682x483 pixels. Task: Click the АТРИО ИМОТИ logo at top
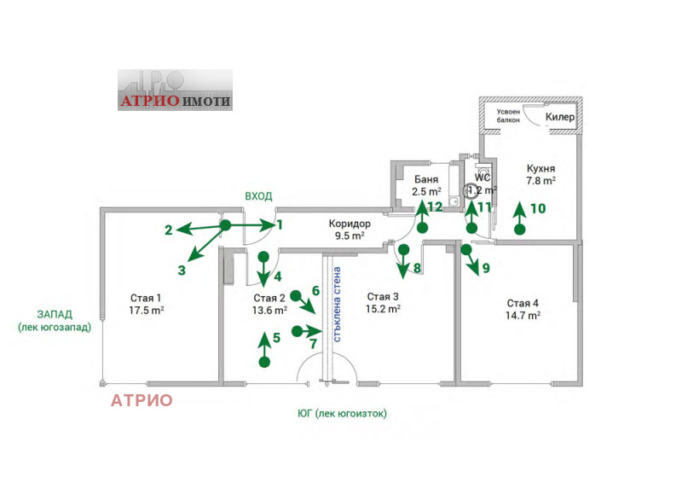[175, 90]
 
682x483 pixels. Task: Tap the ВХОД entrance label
[258, 196]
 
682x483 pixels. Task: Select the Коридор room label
[347, 224]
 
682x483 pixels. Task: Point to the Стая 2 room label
[269, 298]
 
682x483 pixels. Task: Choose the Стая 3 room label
[384, 297]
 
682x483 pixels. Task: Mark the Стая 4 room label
[523, 303]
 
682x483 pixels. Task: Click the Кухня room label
[541, 168]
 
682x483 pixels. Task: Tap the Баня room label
[426, 180]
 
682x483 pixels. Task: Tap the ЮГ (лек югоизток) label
[342, 413]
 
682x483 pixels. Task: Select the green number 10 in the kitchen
[538, 207]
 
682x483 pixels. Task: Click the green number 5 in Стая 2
[276, 338]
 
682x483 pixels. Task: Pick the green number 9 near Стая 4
[486, 268]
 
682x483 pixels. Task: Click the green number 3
[182, 270]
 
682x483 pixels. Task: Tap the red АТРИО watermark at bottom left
[142, 399]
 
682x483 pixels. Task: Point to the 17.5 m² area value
[147, 311]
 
